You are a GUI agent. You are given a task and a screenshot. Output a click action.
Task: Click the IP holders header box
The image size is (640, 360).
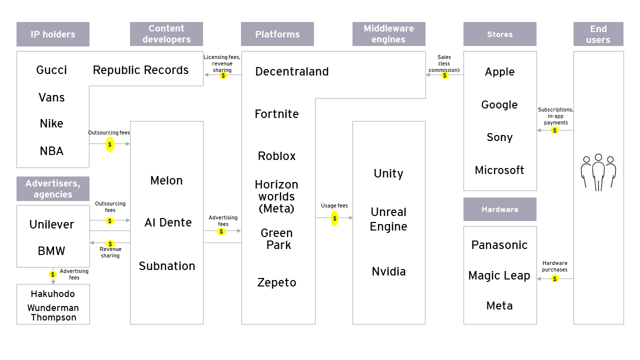(53, 34)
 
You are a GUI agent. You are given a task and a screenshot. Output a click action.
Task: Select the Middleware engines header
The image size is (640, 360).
(388, 34)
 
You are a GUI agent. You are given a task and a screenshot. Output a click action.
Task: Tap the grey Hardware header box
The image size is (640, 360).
(499, 209)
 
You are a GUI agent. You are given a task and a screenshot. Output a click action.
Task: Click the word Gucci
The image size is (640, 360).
(51, 70)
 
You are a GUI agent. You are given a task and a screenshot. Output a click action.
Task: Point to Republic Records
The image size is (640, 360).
(141, 70)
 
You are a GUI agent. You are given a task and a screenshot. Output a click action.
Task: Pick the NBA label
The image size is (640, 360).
(51, 151)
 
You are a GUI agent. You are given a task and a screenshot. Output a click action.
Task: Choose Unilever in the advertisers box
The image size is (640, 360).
(51, 224)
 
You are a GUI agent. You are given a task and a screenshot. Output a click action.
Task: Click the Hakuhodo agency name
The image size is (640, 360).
(53, 294)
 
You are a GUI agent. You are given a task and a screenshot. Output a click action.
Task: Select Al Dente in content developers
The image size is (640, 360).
(168, 222)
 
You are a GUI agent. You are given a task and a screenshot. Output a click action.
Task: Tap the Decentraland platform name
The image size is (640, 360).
(292, 71)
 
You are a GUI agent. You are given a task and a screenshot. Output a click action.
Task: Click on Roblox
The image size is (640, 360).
(277, 156)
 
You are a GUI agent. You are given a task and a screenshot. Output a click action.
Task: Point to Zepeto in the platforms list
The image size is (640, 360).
(277, 282)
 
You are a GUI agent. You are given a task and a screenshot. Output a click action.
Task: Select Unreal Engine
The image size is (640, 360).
(388, 219)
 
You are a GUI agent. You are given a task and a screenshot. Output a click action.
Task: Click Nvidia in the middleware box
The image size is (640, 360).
(388, 271)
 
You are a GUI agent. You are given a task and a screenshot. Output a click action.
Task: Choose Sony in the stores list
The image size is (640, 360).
(499, 137)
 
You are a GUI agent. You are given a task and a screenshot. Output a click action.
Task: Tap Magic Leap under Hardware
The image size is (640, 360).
(499, 275)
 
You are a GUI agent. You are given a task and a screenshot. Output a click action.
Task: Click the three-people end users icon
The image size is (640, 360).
(598, 172)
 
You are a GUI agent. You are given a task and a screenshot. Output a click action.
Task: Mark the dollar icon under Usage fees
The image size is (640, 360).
(334, 218)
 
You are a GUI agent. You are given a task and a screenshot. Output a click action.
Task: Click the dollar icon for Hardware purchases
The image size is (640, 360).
(554, 278)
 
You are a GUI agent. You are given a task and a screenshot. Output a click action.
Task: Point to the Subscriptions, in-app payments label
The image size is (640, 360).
(555, 116)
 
